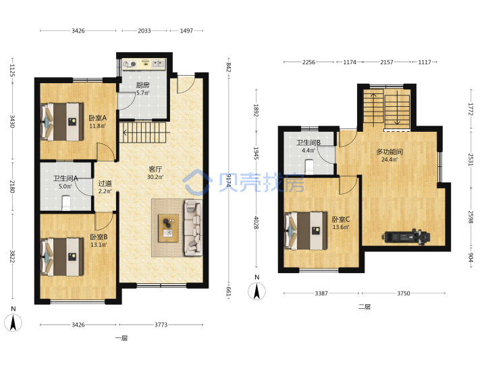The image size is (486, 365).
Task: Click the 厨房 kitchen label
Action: click(143, 85)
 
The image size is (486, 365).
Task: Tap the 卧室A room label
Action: click(98, 118)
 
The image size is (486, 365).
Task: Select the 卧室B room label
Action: click(99, 237)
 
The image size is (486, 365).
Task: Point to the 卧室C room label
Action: click(341, 219)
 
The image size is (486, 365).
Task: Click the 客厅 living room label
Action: click(155, 169)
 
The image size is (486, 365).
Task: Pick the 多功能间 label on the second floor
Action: click(389, 152)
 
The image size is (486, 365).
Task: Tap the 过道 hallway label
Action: click(105, 183)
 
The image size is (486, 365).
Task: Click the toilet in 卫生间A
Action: click(66, 203)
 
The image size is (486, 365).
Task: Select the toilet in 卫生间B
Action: click(309, 167)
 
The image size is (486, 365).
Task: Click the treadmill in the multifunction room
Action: click(406, 237)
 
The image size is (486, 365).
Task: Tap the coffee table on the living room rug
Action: click(168, 228)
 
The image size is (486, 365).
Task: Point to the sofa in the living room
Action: click(193, 228)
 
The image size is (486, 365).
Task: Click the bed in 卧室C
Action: click(306, 230)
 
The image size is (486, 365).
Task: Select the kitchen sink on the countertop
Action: click(159, 64)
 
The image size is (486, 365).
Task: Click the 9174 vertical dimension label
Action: click(229, 180)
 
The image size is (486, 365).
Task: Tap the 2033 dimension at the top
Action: click(144, 30)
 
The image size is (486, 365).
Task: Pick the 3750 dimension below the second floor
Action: click(404, 293)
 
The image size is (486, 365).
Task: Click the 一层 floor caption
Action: click(122, 338)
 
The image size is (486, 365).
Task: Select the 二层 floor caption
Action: click(364, 307)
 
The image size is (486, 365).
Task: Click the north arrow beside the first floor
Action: click(13, 323)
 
